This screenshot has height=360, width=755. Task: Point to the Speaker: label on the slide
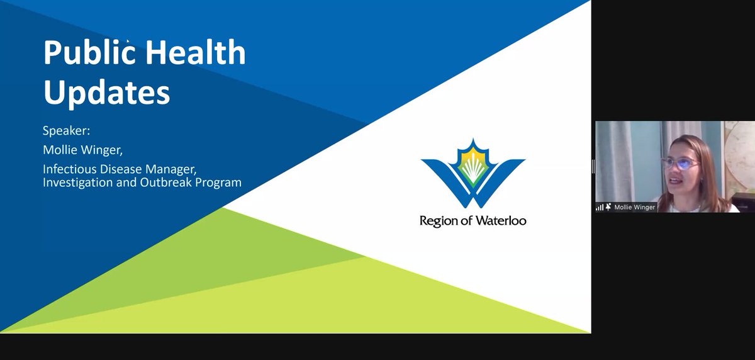click(x=67, y=132)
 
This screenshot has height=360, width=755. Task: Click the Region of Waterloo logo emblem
click(x=473, y=174)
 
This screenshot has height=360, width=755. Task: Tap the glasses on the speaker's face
click(x=679, y=163)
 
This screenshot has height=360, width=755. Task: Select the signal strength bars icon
click(x=600, y=207)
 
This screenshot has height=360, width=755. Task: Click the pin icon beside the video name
click(x=608, y=207)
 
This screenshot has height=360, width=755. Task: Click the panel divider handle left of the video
click(x=593, y=166)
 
